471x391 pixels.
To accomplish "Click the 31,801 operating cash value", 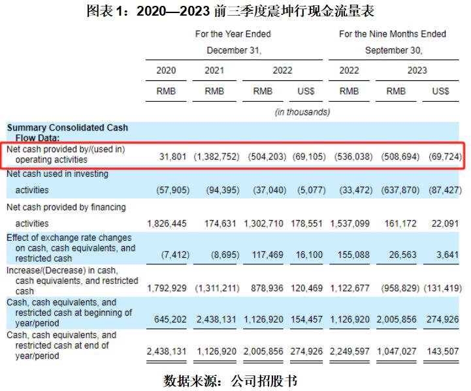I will coord(173,157).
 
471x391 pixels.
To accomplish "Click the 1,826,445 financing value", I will coord(167,223).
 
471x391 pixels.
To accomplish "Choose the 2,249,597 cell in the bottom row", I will coord(349,351).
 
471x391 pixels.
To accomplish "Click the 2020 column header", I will coord(166,70).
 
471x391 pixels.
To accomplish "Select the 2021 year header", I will coord(214,70).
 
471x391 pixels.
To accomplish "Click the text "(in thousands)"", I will coord(302,112).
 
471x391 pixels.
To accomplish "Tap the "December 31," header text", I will coord(233,50).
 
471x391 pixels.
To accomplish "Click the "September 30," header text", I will coord(393,50).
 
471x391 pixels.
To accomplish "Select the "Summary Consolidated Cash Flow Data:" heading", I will coord(67,133).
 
